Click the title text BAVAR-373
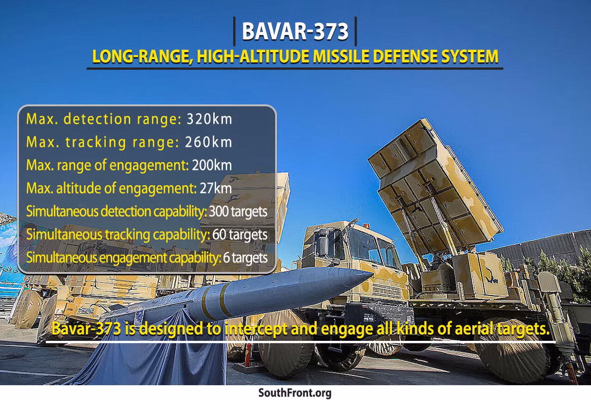coord(295,31)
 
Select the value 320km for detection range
coord(209,119)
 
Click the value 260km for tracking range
coord(208,142)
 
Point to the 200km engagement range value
coord(212,165)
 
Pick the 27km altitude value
coord(216,188)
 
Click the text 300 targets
coord(238,212)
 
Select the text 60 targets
coord(240,234)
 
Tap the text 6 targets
coord(245,258)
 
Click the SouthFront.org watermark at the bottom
coord(295,393)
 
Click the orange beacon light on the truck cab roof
coord(365,226)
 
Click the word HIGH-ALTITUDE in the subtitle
coord(253,57)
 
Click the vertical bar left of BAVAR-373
coord(234,32)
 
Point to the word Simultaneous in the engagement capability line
coord(62,258)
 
